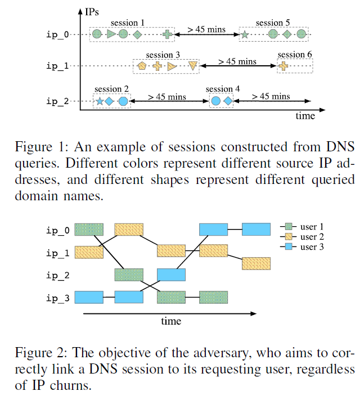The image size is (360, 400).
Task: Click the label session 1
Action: click(128, 23)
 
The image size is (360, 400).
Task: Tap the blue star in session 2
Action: click(100, 101)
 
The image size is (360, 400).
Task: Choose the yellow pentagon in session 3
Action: click(142, 66)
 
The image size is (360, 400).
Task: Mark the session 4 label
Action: click(223, 89)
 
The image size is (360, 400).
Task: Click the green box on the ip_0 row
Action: click(89, 229)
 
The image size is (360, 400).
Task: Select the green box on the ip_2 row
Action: click(129, 275)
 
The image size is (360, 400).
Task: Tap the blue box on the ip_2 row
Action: click(171, 275)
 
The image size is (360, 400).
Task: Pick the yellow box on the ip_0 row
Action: click(129, 229)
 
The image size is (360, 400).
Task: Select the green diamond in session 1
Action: click(138, 35)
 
